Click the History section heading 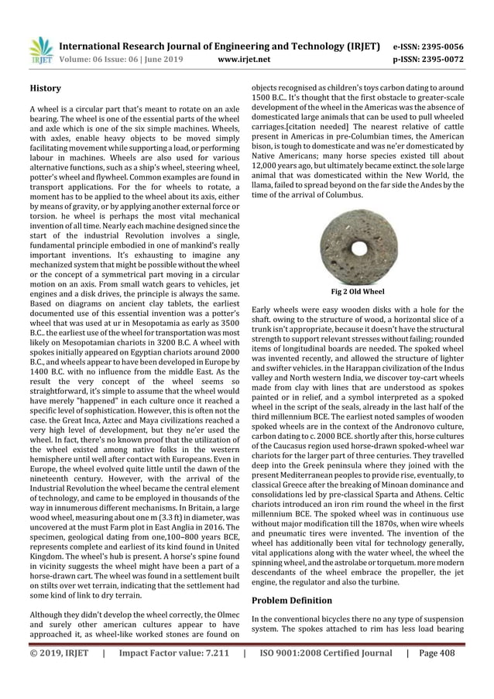pos(46,89)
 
